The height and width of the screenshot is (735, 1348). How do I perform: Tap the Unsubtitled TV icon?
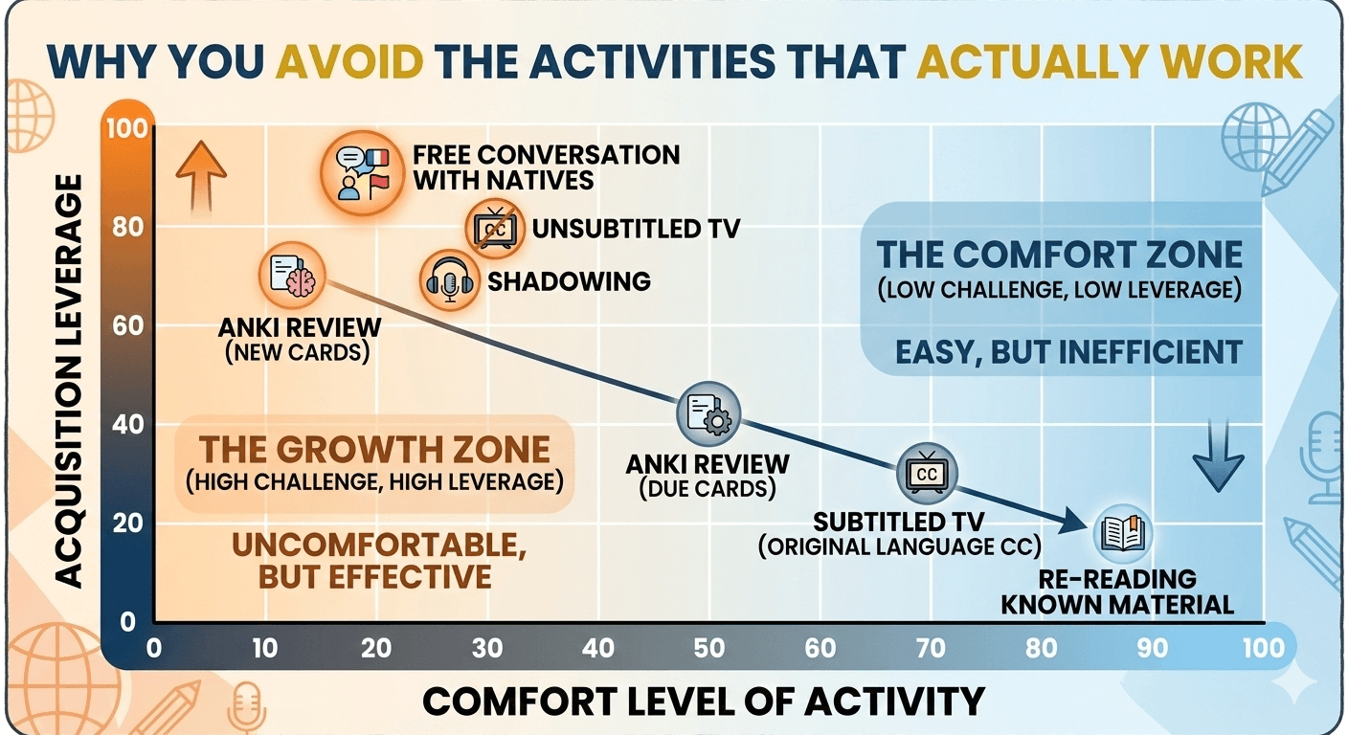pyautogui.click(x=496, y=229)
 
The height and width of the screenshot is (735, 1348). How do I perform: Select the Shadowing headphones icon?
pyautogui.click(x=449, y=280)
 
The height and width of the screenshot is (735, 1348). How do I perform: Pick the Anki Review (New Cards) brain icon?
pyautogui.click(x=292, y=275)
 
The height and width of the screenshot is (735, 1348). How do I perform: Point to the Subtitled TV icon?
pyautogui.click(x=926, y=473)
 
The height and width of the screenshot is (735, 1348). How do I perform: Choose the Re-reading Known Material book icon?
pyautogui.click(x=1123, y=534)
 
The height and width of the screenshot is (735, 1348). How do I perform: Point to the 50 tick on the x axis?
pyautogui.click(x=709, y=648)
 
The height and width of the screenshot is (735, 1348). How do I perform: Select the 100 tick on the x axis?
pyautogui.click(x=1262, y=648)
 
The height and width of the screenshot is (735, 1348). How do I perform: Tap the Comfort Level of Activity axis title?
pyautogui.click(x=704, y=702)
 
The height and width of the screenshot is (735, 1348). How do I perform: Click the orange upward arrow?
pyautogui.click(x=201, y=173)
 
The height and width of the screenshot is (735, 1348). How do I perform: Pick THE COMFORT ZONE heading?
pyautogui.click(x=1060, y=255)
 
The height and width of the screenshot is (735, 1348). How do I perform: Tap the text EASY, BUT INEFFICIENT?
pyautogui.click(x=1067, y=351)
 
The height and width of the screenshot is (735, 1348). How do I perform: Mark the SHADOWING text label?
pyautogui.click(x=569, y=280)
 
